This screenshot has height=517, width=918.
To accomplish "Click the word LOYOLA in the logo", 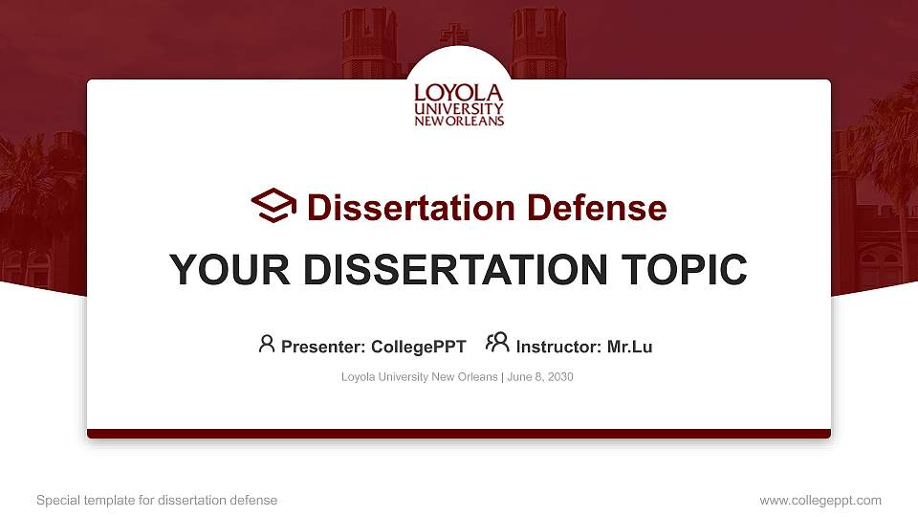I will tap(458, 94).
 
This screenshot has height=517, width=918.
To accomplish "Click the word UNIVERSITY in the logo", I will tap(458, 109).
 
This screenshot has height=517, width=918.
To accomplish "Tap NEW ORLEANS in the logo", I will tap(459, 122).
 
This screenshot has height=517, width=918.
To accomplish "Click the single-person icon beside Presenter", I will tap(267, 344).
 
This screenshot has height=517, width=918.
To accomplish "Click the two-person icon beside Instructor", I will tap(497, 343).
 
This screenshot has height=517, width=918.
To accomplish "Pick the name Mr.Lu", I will tap(629, 347).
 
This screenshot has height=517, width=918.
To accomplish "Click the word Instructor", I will tap(558, 347).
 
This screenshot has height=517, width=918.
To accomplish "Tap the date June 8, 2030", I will tap(540, 377).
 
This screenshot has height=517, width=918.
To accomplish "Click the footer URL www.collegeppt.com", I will tap(820, 500).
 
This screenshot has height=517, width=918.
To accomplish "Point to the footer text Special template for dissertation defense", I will tap(157, 500).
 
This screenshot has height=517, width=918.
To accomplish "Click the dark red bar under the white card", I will tap(459, 434).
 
